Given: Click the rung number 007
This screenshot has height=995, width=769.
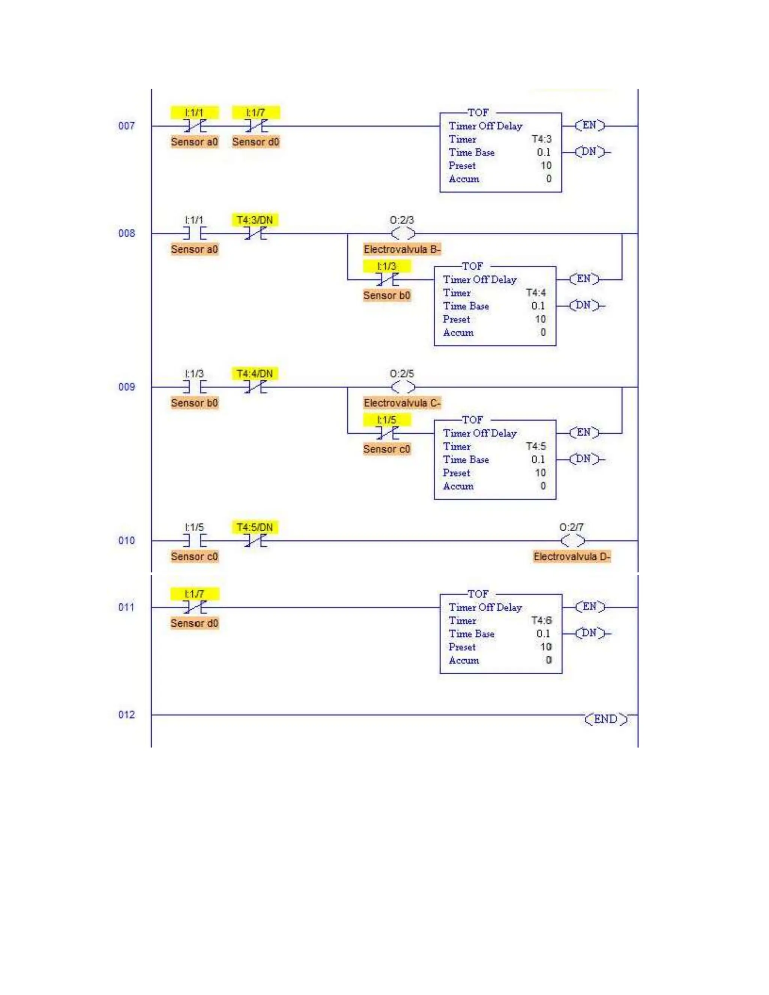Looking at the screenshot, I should click(x=126, y=126).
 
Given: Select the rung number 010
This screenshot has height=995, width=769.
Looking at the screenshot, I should click(x=126, y=540).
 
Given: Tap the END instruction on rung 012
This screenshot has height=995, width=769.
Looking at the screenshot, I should click(x=606, y=719).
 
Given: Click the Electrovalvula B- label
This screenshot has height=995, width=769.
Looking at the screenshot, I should click(x=402, y=249).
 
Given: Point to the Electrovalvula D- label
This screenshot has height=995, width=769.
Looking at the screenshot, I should click(x=572, y=556).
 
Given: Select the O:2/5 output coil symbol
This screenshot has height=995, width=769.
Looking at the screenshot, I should click(x=403, y=387).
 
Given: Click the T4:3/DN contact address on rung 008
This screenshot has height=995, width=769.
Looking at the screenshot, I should click(x=255, y=220).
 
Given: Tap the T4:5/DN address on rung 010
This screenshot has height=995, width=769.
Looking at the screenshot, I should click(x=255, y=527).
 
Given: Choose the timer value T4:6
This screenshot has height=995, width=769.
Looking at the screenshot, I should click(x=541, y=621).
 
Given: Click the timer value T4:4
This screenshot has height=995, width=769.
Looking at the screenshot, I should click(x=536, y=292).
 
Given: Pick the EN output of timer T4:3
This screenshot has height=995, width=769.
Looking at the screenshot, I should click(x=590, y=125).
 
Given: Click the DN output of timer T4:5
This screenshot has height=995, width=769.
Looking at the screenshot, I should click(x=584, y=459).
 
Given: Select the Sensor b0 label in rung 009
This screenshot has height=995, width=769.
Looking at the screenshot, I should click(x=195, y=403).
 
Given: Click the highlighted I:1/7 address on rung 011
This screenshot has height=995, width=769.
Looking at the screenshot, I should click(x=195, y=594).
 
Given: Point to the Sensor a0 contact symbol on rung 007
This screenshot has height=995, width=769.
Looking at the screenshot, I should click(x=195, y=126).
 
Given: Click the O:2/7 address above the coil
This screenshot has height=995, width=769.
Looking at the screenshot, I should click(x=571, y=527).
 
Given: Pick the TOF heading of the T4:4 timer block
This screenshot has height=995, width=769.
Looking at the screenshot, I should click(x=472, y=266).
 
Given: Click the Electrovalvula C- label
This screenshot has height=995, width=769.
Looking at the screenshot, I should click(x=402, y=403).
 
